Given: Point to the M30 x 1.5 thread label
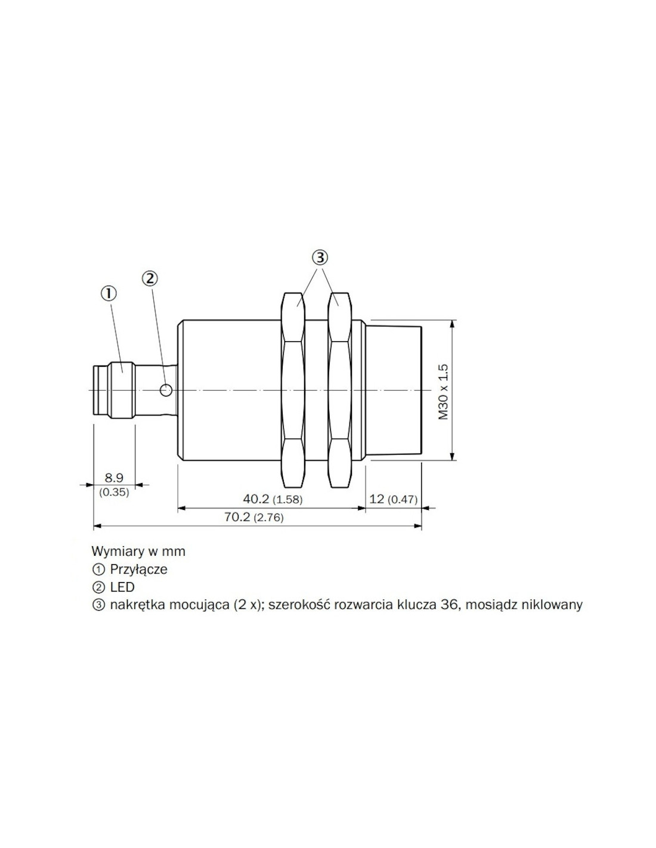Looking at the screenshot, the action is click(x=444, y=392).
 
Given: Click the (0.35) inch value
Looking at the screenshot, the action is click(x=114, y=492).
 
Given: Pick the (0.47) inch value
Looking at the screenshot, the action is click(x=403, y=499).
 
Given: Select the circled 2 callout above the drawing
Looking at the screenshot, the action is click(x=150, y=278).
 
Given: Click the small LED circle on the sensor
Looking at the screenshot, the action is click(x=166, y=389).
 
